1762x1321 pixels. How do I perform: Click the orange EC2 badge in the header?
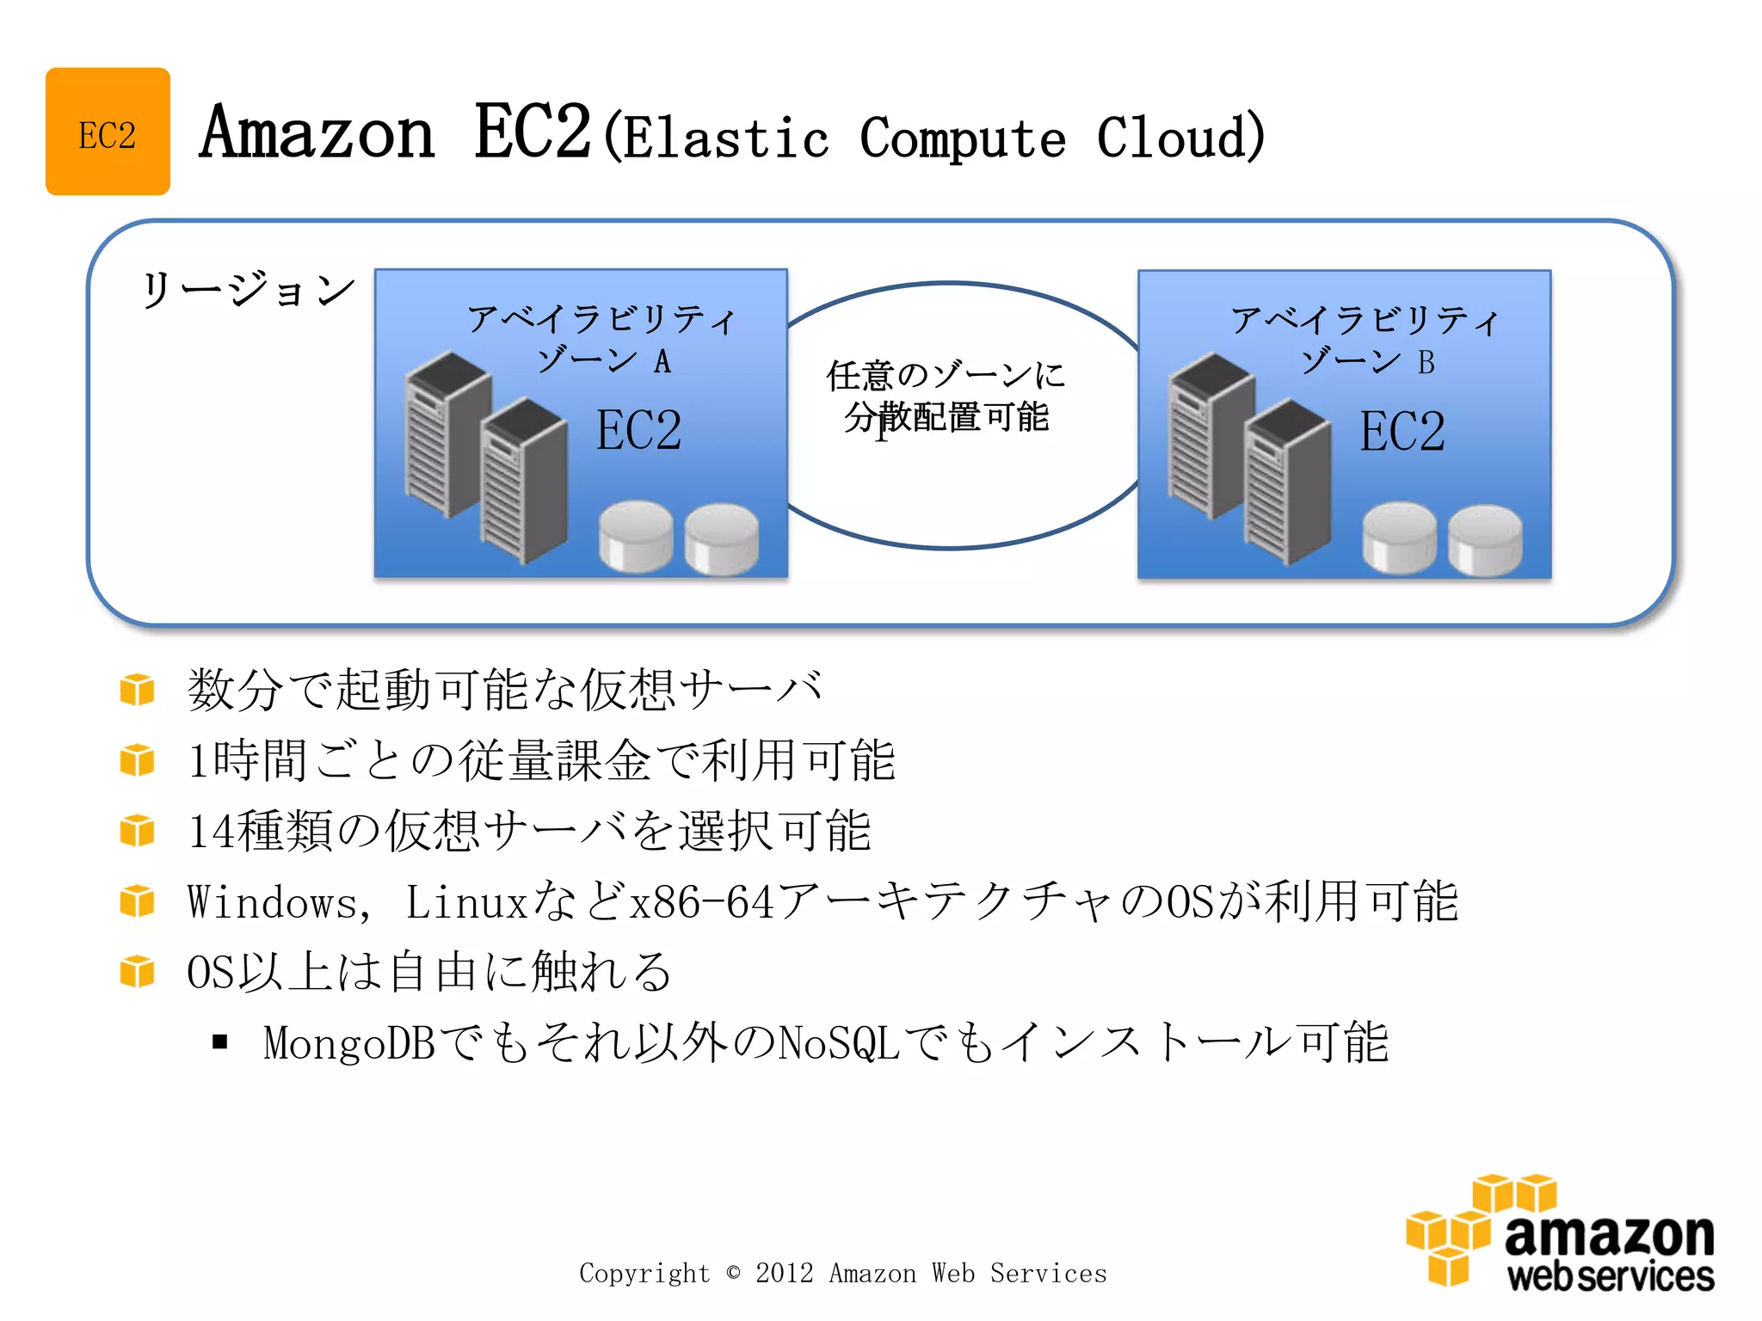tap(108, 132)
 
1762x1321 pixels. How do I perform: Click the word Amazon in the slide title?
tap(317, 133)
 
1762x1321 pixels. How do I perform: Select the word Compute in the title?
tap(963, 138)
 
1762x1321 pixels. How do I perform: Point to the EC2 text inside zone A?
tap(638, 430)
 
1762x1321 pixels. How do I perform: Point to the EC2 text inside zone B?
tap(1402, 432)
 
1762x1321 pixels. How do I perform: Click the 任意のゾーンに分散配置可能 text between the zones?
tap(946, 396)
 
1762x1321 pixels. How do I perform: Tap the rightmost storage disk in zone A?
tap(721, 538)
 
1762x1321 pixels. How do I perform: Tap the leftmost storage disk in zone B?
tap(1399, 538)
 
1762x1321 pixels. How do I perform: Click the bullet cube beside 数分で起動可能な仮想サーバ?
tap(138, 690)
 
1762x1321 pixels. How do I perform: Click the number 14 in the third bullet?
tap(211, 832)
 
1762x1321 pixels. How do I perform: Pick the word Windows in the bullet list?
tap(273, 903)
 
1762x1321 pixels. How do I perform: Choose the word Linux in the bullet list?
tap(465, 903)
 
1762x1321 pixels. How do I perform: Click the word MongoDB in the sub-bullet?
tap(349, 1043)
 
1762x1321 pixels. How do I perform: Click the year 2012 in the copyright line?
tap(784, 1273)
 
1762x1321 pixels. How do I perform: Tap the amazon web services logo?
tap(1560, 1232)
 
